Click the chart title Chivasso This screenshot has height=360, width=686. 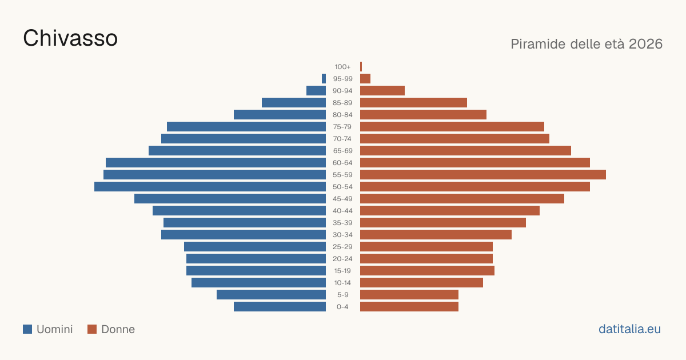[x=70, y=38]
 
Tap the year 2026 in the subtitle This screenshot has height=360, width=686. [x=645, y=44]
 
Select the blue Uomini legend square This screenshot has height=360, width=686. [x=27, y=329]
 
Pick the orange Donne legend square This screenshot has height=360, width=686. [x=92, y=329]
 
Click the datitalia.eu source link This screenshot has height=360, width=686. [x=629, y=329]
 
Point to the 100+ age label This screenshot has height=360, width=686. [x=342, y=67]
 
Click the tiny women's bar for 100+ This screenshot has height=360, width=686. [x=361, y=67]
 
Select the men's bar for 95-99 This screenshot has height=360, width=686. [x=324, y=79]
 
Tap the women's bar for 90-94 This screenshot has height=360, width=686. [x=382, y=91]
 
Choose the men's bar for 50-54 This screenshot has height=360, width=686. [x=210, y=187]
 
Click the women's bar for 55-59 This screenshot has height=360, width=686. [x=483, y=175]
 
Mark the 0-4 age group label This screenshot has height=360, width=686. [x=342, y=307]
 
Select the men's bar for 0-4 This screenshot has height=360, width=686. [x=280, y=307]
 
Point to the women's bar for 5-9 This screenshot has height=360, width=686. [x=409, y=295]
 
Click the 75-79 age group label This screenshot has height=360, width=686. [x=342, y=127]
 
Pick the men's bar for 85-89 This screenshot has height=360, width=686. [x=294, y=102]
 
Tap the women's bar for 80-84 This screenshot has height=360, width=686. [x=423, y=115]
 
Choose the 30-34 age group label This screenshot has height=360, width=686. [x=342, y=235]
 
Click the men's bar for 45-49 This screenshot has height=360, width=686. [x=230, y=199]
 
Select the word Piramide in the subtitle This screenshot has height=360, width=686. [x=538, y=44]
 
